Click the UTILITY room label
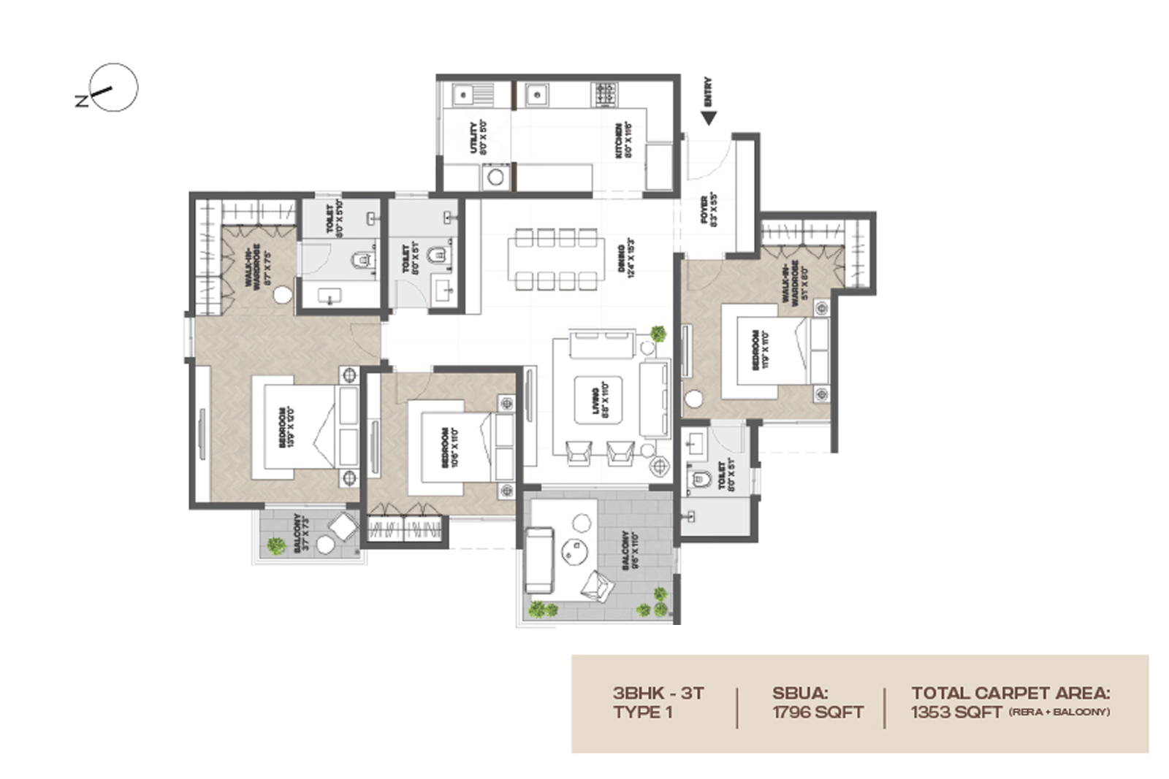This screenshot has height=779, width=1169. tap(478, 137)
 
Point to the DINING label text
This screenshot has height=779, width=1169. tap(625, 258)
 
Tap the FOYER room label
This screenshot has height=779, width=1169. tap(708, 210)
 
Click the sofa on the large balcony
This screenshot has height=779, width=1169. tap(539, 560)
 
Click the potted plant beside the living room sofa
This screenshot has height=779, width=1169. tap(658, 334)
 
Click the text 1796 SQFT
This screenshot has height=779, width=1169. tap(818, 712)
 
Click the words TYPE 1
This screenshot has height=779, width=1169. tap(642, 712)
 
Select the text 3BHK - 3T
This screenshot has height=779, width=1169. tap(658, 693)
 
